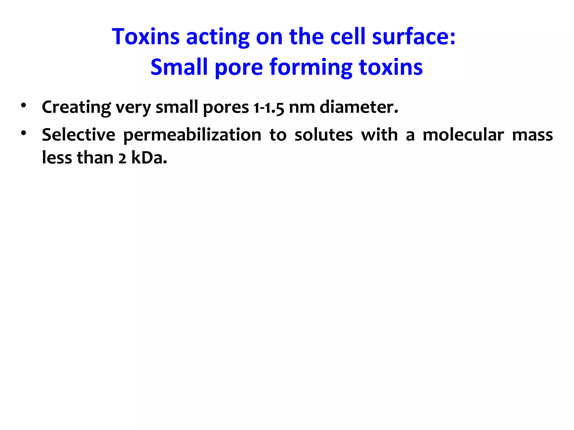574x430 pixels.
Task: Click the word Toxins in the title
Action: coord(145,37)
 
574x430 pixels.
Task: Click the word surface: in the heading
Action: coord(414,37)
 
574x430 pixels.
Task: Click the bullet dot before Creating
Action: coord(23,106)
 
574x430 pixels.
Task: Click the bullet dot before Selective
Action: coord(23,133)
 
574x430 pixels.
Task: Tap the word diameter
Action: coord(359,107)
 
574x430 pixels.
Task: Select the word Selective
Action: coord(78,135)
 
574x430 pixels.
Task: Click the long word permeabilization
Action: coord(192,135)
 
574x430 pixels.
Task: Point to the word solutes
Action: coord(323,135)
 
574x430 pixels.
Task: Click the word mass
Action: coord(532,135)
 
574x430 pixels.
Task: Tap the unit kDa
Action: coord(149,158)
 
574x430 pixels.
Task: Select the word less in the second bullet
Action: coord(57,158)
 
